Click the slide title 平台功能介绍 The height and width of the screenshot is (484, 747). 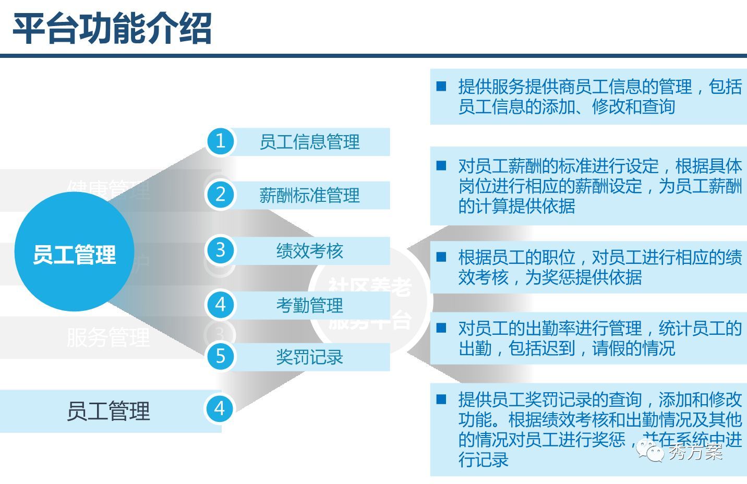112,28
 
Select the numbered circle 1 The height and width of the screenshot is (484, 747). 220,141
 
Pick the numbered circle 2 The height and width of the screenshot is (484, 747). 220,195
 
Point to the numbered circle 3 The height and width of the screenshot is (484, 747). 220,250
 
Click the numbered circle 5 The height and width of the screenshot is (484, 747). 220,356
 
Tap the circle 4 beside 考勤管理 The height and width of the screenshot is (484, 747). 220,304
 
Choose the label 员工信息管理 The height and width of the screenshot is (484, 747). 309,142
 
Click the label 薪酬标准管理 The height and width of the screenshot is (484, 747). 309,196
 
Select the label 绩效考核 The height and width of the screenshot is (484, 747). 309,251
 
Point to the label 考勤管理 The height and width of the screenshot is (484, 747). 309,305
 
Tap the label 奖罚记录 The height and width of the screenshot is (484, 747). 309,357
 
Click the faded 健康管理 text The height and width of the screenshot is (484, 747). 108,189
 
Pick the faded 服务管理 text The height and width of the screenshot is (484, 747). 108,337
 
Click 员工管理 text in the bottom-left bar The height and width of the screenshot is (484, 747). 108,411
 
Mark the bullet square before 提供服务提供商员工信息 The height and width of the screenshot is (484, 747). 441,86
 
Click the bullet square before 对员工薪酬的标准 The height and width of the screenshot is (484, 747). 441,166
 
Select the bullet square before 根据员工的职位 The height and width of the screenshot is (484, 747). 441,257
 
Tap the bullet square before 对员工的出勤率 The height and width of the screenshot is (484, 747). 441,328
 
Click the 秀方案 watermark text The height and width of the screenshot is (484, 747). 695,452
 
